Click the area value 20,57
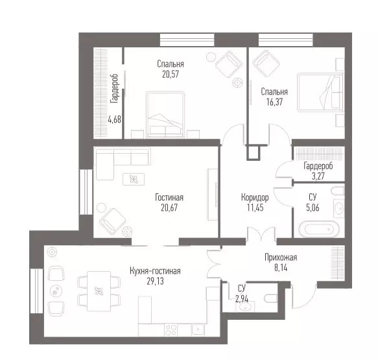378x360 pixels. coord(171,74)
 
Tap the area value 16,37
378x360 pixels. coord(274,102)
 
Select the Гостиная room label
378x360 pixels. coord(169,197)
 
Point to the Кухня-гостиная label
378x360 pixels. coord(155,271)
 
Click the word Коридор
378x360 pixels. coord(255,197)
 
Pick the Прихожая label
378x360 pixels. coord(281,258)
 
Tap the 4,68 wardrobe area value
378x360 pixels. coord(115,119)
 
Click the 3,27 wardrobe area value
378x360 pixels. coord(318,176)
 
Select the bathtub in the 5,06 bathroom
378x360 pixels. coord(319,229)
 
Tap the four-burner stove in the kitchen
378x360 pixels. coord(171,330)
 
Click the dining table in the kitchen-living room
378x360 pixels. coord(99,291)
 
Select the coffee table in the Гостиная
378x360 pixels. coord(134,179)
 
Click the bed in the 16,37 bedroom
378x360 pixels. coord(320,93)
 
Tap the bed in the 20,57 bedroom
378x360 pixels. coord(165,115)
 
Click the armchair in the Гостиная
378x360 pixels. coord(113,221)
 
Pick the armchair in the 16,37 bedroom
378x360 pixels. coord(266,63)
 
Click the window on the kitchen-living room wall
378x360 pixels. coord(36,291)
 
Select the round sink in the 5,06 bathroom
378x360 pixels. coord(339,208)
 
